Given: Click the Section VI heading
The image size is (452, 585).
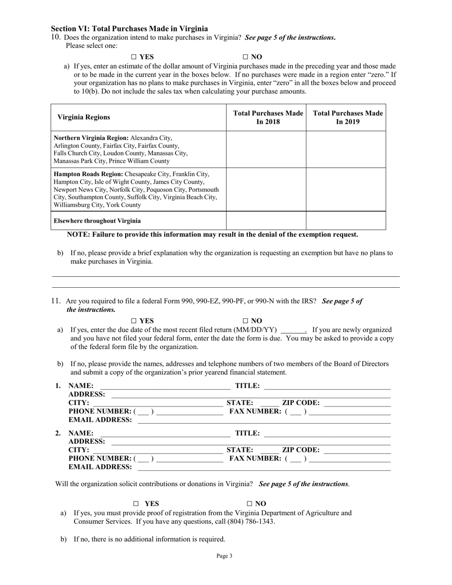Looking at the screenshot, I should coord(129,29).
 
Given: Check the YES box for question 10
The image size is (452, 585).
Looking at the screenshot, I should coord(134,57).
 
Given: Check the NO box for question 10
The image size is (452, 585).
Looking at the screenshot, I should coord(246,57).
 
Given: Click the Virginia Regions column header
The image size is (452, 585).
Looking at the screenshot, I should coord(84,117).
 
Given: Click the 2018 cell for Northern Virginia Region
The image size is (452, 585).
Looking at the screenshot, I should coord(266,149).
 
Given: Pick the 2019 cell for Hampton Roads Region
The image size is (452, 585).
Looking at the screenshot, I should coord(345,189).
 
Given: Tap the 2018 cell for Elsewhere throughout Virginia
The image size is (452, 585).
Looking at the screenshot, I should coord(266,221).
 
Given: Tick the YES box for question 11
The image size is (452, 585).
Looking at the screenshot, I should coord(134,321).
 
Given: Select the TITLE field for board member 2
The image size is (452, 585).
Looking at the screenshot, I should coord(327,433).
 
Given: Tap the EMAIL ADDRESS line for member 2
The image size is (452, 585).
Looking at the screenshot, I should coord(264,467).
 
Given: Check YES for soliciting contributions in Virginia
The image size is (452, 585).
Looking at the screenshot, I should coord(136,504).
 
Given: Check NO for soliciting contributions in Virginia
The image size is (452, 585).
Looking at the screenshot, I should coord(249,504).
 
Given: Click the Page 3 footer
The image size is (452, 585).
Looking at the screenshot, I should coord(225,556).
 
